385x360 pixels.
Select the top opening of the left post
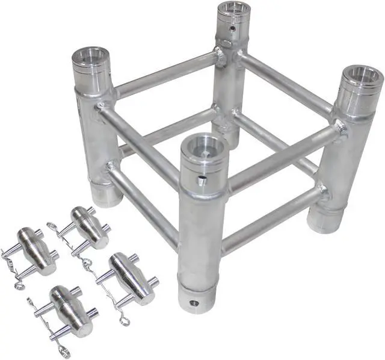91,58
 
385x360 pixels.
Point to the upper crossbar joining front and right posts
280,158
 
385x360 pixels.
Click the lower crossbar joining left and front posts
144,202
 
